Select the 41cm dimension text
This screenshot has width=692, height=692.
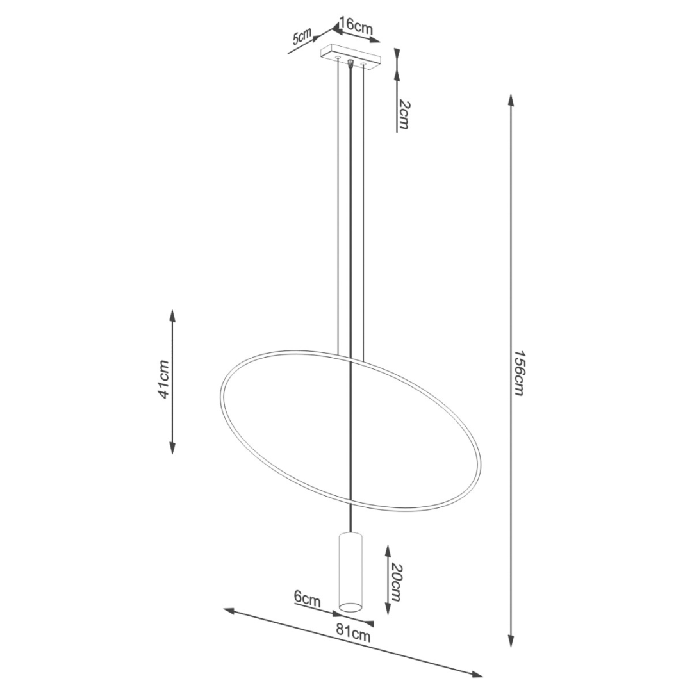click(x=164, y=379)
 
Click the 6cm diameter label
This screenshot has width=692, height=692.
click(x=307, y=599)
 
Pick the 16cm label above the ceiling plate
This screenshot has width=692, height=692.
click(x=356, y=27)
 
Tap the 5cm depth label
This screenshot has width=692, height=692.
click(x=302, y=37)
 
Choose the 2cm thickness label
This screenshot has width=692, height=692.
click(x=402, y=115)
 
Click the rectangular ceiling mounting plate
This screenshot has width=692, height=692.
click(x=350, y=56)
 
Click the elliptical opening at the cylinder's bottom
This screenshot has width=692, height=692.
click(x=350, y=605)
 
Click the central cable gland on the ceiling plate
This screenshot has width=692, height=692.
click(x=350, y=63)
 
